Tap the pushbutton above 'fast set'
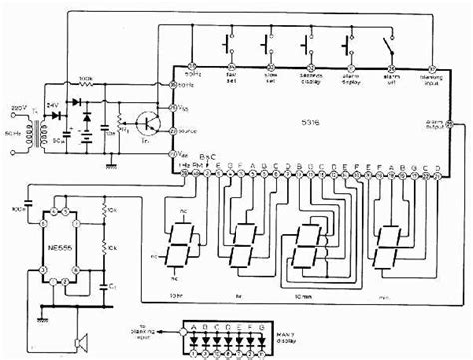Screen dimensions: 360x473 pyautogui.click(x=229, y=46)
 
